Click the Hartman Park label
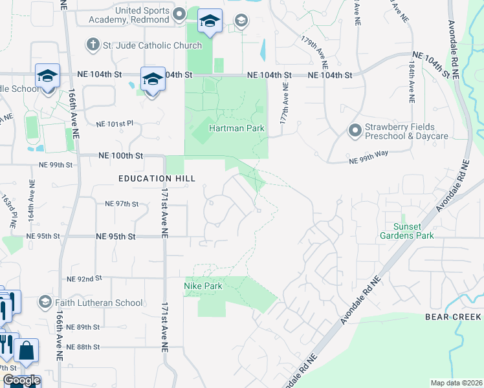pos(236,128)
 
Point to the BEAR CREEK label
pos(453,317)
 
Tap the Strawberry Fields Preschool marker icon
pos(355,131)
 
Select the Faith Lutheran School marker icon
pos(45,302)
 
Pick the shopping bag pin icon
pos(27,350)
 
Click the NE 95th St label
pos(115,237)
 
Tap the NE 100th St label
pos(120,156)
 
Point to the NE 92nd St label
pos(85,279)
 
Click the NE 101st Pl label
pos(114,124)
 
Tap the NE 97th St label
pos(122,204)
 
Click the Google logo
pos(21,381)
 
